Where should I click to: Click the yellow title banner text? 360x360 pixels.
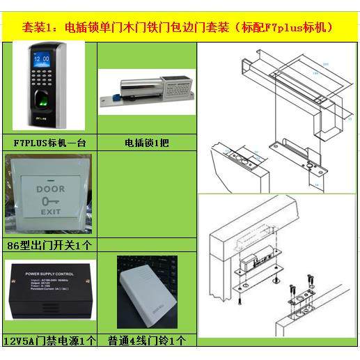click(180, 29)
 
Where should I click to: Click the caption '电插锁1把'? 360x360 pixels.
click(146, 143)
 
